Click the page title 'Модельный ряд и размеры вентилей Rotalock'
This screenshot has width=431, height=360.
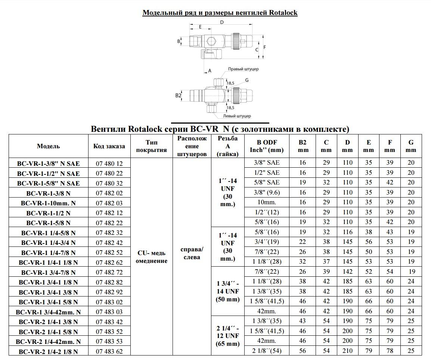[220, 13]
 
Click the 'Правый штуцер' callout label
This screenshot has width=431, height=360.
[243, 69]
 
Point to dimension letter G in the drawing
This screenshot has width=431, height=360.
[247, 80]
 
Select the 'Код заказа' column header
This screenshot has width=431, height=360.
[109, 146]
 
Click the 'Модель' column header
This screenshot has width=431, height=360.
[48, 146]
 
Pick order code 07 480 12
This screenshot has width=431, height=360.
[109, 164]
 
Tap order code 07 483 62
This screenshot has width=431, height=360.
[109, 351]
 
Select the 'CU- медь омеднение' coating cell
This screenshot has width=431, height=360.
[151, 257]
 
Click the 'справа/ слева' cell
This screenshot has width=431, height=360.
[192, 253]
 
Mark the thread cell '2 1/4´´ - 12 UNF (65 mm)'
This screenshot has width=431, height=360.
[227, 336]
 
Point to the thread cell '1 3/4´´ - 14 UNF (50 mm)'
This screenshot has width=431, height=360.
[227, 291]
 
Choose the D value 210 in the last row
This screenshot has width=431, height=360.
[347, 350]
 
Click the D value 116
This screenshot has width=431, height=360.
[347, 232]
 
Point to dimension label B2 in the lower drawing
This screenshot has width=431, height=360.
[178, 96]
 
